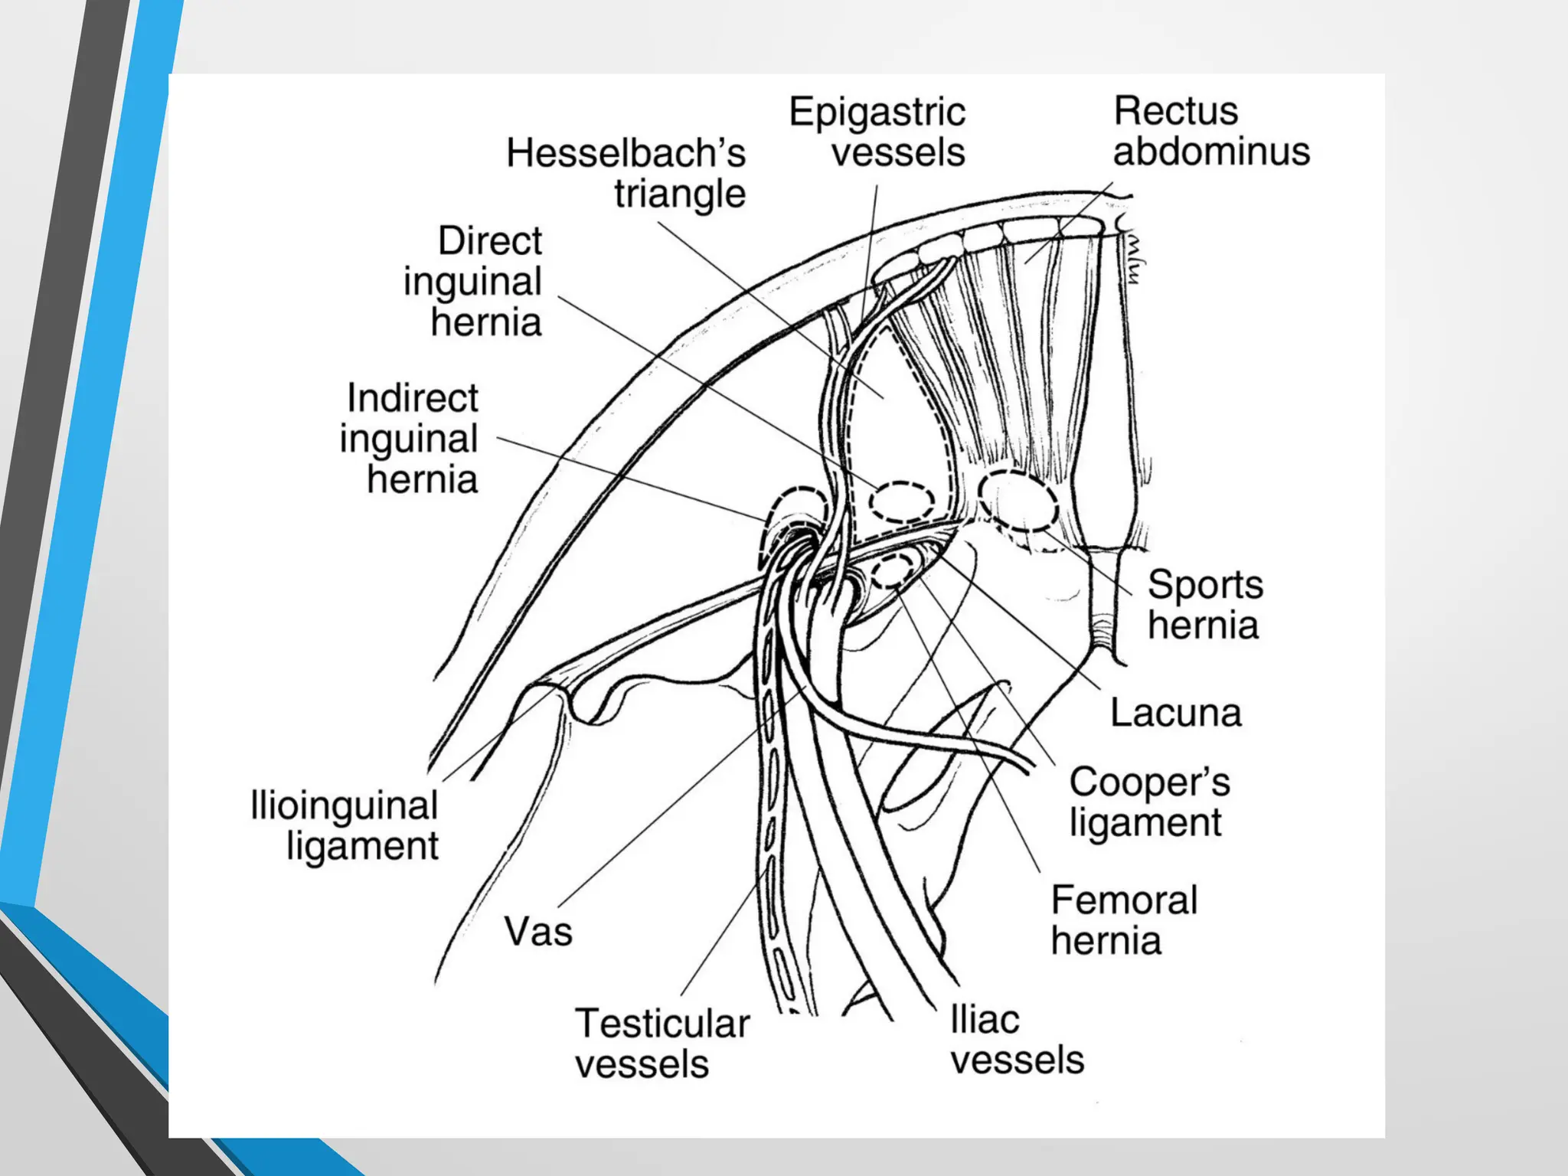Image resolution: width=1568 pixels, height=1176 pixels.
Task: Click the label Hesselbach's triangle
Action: point(626,173)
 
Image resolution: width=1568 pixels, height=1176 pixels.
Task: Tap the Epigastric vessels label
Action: point(878,132)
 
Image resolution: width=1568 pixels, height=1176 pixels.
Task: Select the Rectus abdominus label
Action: point(1210,131)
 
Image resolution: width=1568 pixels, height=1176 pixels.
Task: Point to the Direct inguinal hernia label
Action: point(473,281)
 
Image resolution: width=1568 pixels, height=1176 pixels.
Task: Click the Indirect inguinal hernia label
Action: point(410,438)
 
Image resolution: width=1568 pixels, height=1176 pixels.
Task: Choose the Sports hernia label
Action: point(1204,605)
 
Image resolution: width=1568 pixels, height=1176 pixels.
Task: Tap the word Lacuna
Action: point(1175,713)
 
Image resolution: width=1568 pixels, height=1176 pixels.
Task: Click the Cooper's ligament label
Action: point(1148,802)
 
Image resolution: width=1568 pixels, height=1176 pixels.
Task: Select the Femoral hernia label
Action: point(1123,920)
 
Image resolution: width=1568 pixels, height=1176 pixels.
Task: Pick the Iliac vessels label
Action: point(1016,1040)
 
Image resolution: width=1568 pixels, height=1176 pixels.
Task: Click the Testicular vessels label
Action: point(661,1044)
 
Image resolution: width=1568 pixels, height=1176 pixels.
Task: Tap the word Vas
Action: point(538,932)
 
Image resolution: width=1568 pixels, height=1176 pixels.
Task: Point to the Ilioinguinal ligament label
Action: point(345,825)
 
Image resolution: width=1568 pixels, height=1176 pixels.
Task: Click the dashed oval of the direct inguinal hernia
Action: point(901,502)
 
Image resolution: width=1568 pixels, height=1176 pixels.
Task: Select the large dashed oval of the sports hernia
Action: point(1018,501)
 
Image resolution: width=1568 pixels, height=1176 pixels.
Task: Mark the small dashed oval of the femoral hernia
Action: point(893,570)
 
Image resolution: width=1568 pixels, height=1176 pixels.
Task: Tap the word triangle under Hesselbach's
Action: point(679,193)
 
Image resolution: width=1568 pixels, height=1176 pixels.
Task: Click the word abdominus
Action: point(1210,151)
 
